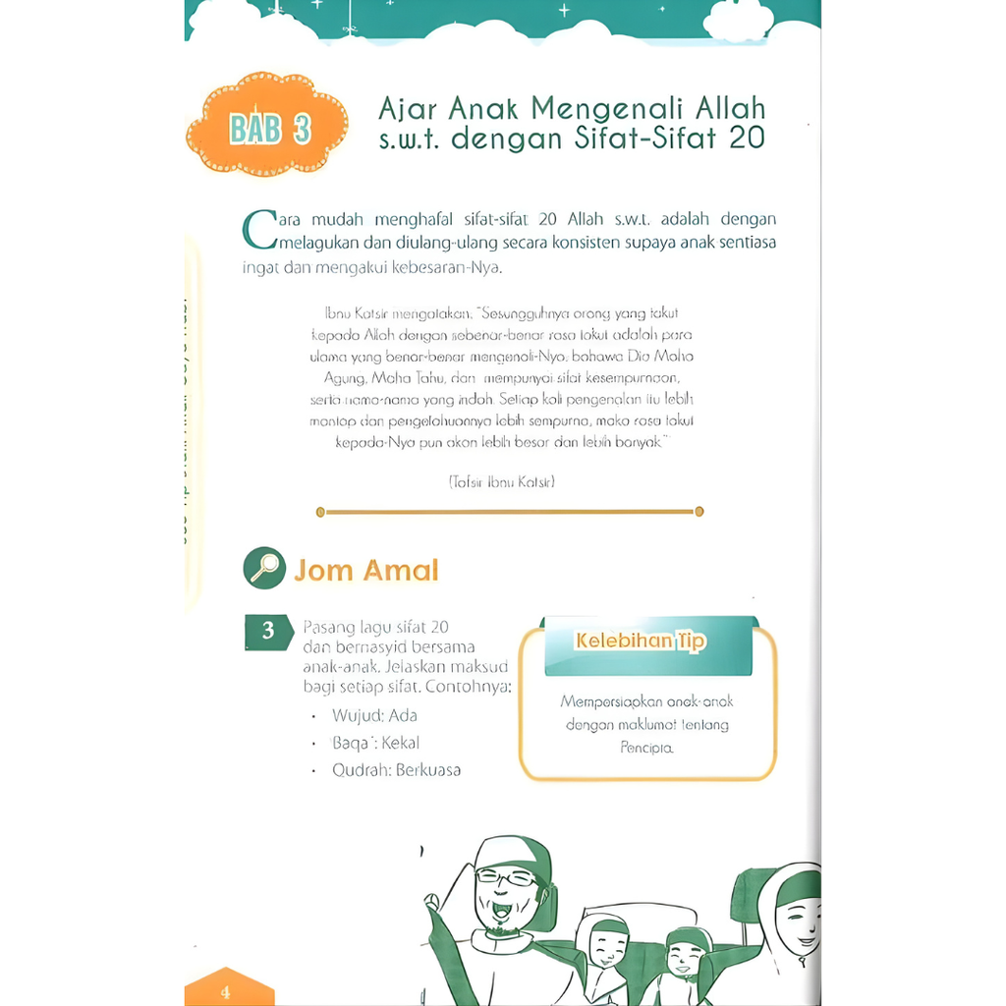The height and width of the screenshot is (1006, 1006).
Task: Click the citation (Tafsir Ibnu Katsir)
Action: (501, 481)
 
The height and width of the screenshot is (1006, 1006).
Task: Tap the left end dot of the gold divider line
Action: (320, 512)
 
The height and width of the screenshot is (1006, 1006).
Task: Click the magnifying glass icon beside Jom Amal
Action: (263, 569)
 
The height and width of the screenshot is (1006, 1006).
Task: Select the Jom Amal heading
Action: (365, 570)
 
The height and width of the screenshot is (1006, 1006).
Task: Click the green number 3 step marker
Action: (267, 632)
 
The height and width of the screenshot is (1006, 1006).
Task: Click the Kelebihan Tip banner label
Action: (640, 641)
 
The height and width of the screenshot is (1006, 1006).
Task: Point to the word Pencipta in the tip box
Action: (646, 748)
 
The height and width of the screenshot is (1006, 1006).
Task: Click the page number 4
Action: (225, 991)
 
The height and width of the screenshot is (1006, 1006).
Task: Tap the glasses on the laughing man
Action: (506, 877)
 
